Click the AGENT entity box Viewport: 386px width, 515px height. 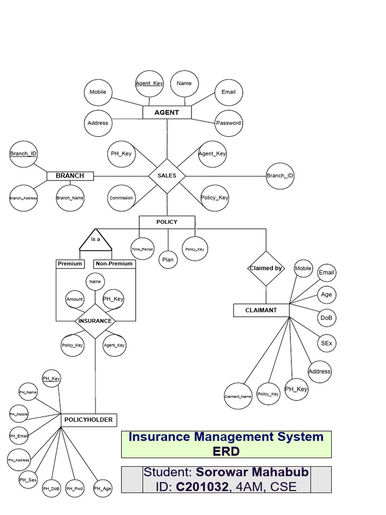167,112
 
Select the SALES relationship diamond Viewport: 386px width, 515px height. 167,176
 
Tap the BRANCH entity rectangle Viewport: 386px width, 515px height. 70,176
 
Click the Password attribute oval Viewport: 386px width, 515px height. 229,123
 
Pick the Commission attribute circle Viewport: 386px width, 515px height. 121,198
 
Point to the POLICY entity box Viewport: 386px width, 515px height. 167,222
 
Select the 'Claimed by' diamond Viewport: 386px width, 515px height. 266,269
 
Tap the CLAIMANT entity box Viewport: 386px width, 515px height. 261,310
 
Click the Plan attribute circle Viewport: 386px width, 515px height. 167,260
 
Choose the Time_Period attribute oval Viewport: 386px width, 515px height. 142,249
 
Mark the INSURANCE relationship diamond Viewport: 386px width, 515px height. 95,321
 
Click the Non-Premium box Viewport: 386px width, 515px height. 114,264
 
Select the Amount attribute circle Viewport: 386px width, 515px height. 75,299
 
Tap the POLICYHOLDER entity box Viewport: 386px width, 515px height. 88,420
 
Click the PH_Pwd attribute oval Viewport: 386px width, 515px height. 74,488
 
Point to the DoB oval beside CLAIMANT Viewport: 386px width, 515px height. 326,318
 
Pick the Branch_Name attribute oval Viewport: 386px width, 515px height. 70,198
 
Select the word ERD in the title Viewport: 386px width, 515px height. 226,451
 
